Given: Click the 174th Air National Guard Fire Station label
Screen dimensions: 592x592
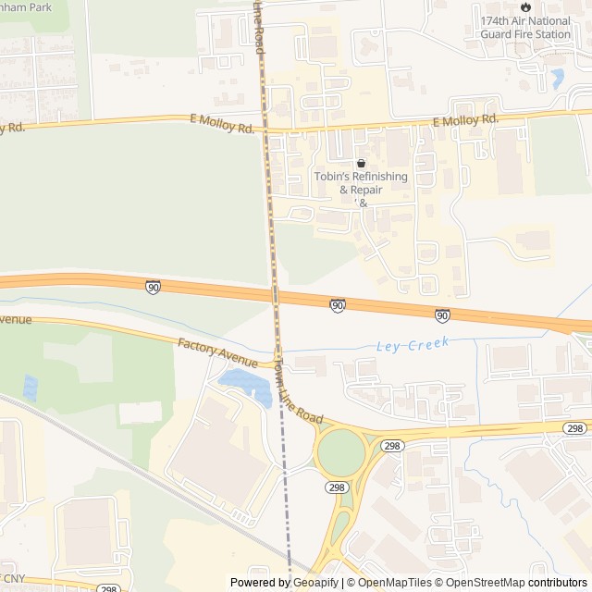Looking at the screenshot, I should (525, 28).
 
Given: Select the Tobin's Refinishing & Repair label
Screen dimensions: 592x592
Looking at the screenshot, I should (348, 184).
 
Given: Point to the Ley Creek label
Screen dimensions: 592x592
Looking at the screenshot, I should (413, 345).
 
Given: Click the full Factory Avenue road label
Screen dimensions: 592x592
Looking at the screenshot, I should (218, 351).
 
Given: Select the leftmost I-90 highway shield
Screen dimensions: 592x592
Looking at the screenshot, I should (153, 287).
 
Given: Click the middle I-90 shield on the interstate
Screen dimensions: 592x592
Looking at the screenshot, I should (339, 304).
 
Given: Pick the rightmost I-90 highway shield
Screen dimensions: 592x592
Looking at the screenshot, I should (443, 315).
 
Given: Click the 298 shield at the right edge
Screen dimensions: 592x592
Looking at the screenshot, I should (575, 427).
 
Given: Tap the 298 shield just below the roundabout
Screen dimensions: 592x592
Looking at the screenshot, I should (336, 487).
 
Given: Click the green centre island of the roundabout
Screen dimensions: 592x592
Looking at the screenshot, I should (342, 453).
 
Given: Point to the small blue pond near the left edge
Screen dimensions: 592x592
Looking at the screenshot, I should (30, 387).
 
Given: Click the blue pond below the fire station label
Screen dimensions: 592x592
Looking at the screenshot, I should (558, 79).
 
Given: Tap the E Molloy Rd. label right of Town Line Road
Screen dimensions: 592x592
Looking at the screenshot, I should (465, 120).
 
